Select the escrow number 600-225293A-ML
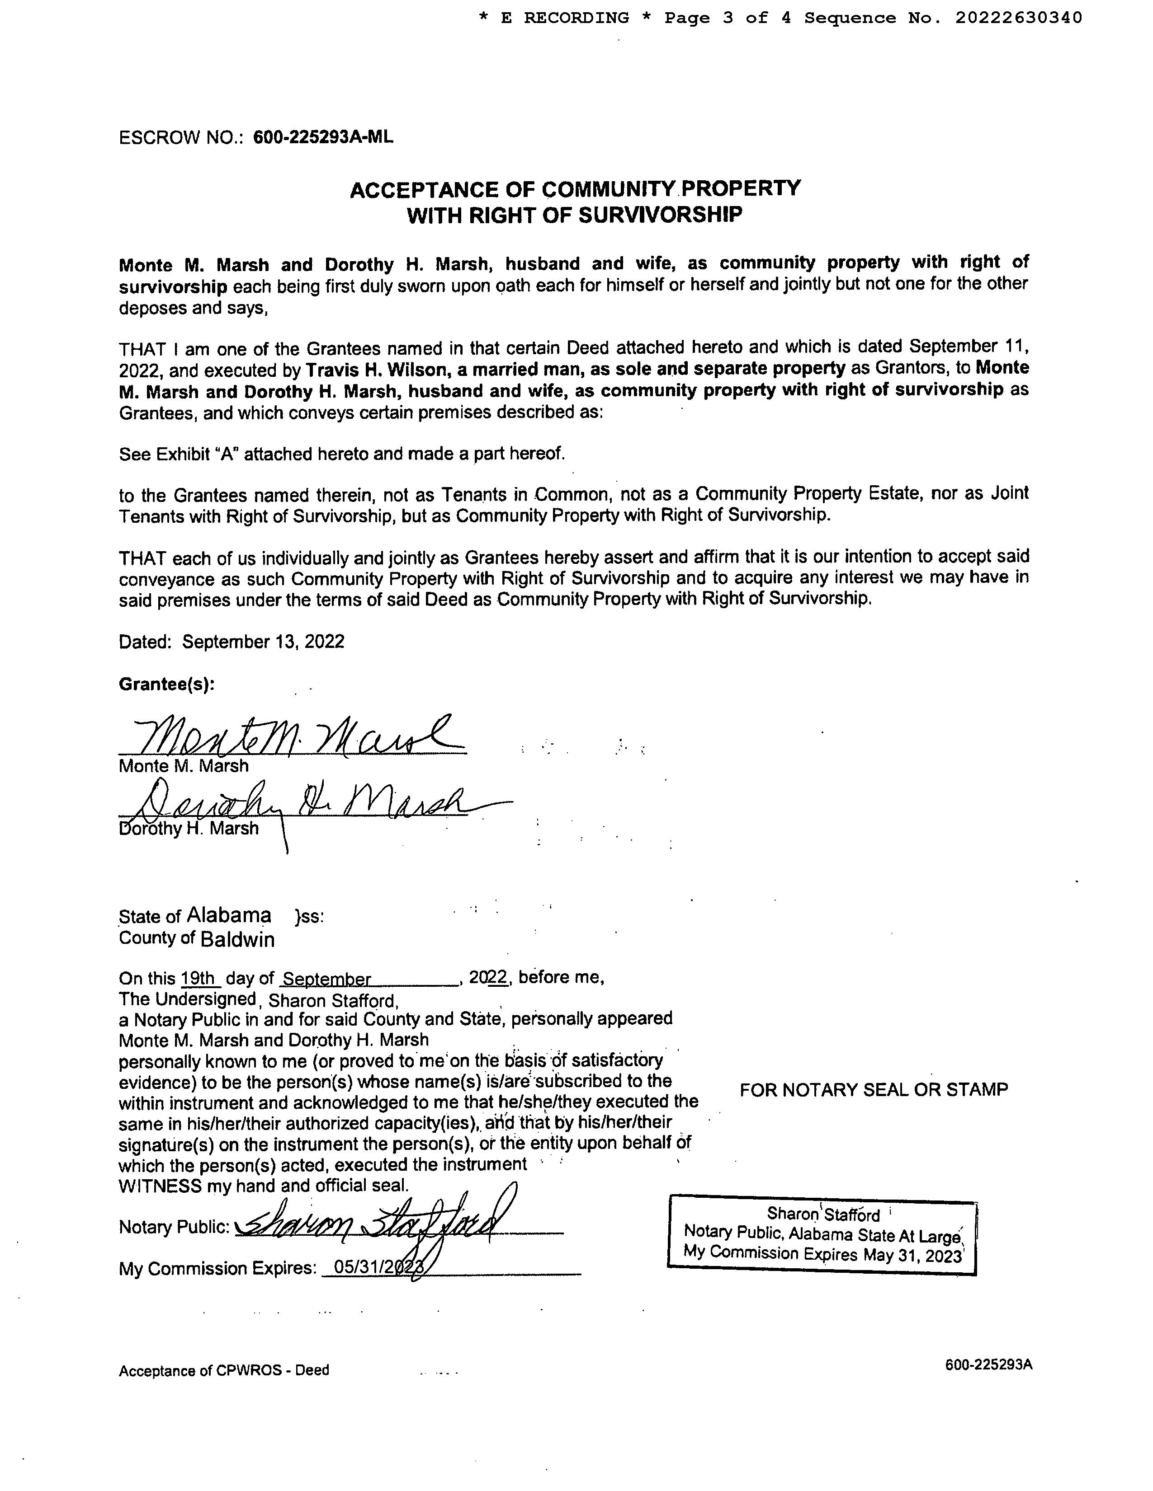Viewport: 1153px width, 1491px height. (323, 137)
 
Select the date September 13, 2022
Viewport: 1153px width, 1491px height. (263, 642)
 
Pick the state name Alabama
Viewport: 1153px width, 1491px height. (229, 915)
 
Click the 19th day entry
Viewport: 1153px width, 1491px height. (199, 978)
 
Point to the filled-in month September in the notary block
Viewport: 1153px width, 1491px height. (326, 980)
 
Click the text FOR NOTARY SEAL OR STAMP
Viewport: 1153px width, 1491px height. (874, 1090)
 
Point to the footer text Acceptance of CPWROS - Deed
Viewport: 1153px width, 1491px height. (223, 1370)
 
